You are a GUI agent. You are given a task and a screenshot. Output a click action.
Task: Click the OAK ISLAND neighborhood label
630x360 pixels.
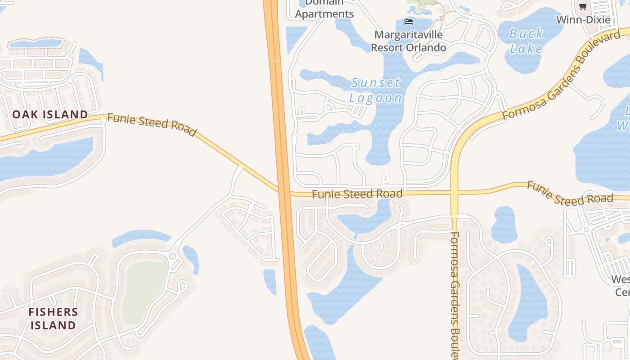coord(50,114)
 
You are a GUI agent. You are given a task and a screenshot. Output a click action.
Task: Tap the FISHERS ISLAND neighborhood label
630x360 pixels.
coord(53,318)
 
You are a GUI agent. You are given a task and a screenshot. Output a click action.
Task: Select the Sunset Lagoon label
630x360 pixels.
coord(376,90)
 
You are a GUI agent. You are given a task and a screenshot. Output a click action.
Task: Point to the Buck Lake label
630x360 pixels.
coord(526,41)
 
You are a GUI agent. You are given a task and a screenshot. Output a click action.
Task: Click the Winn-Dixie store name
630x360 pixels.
coord(583,20)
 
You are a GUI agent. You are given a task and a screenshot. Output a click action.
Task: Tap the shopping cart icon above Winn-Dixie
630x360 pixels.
coord(583,6)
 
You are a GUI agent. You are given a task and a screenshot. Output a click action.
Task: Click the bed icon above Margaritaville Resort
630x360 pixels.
coord(409,21)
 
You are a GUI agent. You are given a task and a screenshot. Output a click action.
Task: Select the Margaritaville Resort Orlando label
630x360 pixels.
coord(408,41)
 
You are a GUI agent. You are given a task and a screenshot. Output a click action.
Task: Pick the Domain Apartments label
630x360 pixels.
coord(324,9)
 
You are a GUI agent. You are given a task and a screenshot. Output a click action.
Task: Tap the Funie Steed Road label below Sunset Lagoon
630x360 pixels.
coord(357,194)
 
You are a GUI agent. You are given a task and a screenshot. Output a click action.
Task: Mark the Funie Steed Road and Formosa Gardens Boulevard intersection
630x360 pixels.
coord(454,193)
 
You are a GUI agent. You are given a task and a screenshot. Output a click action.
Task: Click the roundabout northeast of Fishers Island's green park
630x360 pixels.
coord(173,256)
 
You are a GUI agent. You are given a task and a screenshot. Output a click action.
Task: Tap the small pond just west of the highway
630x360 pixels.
coord(270,280)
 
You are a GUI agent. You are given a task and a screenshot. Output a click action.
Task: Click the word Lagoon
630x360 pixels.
coord(376,98)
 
